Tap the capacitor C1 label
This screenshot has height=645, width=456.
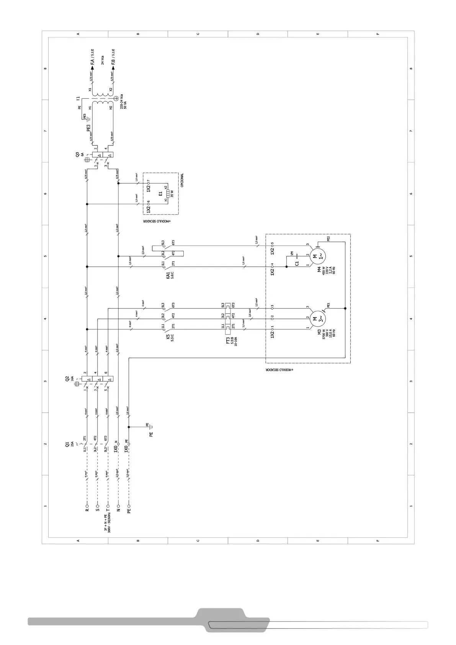click(x=297, y=263)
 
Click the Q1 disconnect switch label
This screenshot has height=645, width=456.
click(x=67, y=444)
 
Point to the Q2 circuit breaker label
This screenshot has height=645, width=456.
click(x=67, y=379)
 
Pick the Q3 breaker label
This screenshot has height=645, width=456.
click(x=78, y=155)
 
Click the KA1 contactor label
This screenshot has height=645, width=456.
click(x=168, y=275)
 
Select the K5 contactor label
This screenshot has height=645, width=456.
click(x=168, y=338)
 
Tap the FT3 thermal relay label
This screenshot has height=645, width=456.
click(x=228, y=340)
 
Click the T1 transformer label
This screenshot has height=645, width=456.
click(x=78, y=98)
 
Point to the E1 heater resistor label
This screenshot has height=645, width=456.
click(x=161, y=194)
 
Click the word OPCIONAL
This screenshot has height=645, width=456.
click(x=182, y=180)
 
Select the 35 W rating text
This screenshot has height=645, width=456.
click(x=172, y=194)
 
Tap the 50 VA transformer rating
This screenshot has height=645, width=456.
click(x=125, y=105)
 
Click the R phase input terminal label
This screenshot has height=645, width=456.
click(x=87, y=510)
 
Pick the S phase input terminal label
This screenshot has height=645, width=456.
click(x=97, y=510)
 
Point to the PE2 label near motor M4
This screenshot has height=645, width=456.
click(x=329, y=239)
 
